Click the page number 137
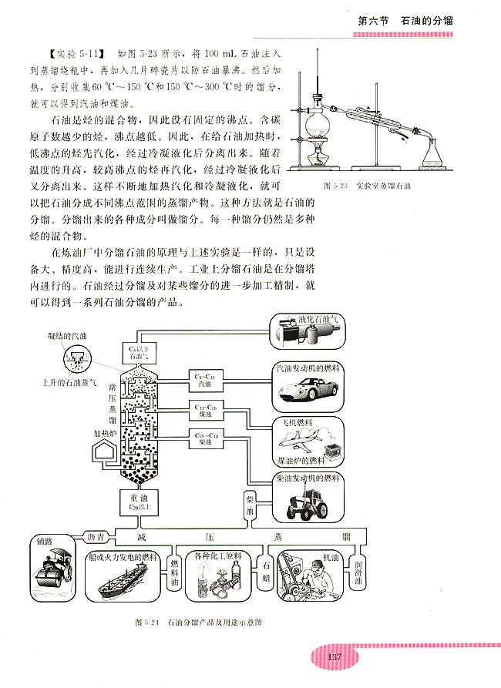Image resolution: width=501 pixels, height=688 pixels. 335,656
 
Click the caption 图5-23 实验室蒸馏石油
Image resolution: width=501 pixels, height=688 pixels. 368,186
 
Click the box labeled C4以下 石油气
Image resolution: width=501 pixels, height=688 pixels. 132,353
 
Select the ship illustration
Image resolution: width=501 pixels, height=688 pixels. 123,584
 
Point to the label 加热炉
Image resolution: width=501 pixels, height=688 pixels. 103,433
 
